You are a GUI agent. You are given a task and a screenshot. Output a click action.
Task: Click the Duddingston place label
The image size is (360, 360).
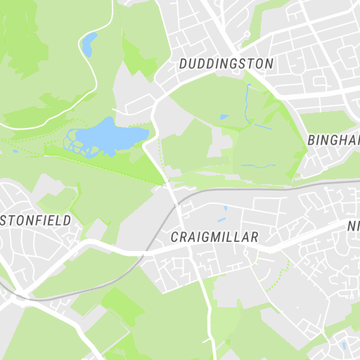coord(226,63)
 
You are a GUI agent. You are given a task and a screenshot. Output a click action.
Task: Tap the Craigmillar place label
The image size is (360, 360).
coord(214,238)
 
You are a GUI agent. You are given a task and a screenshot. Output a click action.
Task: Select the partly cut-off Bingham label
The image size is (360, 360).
coord(333,140)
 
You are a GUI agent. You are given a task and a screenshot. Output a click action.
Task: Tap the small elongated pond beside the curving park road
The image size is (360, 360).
coord(88,45)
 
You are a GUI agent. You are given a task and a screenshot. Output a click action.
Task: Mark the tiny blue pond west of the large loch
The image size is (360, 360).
coord(15,150)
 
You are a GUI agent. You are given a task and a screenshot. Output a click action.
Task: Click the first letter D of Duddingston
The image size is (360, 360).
coord(183,63)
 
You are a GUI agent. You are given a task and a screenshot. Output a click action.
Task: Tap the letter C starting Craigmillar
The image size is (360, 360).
coord(175,238)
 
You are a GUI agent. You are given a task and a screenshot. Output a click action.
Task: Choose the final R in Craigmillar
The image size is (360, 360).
coord(255,238)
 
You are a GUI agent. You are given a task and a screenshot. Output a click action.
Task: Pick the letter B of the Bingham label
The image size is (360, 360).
coord(311,140)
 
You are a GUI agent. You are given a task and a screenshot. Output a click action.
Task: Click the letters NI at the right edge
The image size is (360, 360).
coord(354,226)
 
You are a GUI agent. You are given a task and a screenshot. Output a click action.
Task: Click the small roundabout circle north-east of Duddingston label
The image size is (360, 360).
coord(247,34)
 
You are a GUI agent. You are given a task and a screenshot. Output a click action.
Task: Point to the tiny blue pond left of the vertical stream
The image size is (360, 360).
coord(224,117)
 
